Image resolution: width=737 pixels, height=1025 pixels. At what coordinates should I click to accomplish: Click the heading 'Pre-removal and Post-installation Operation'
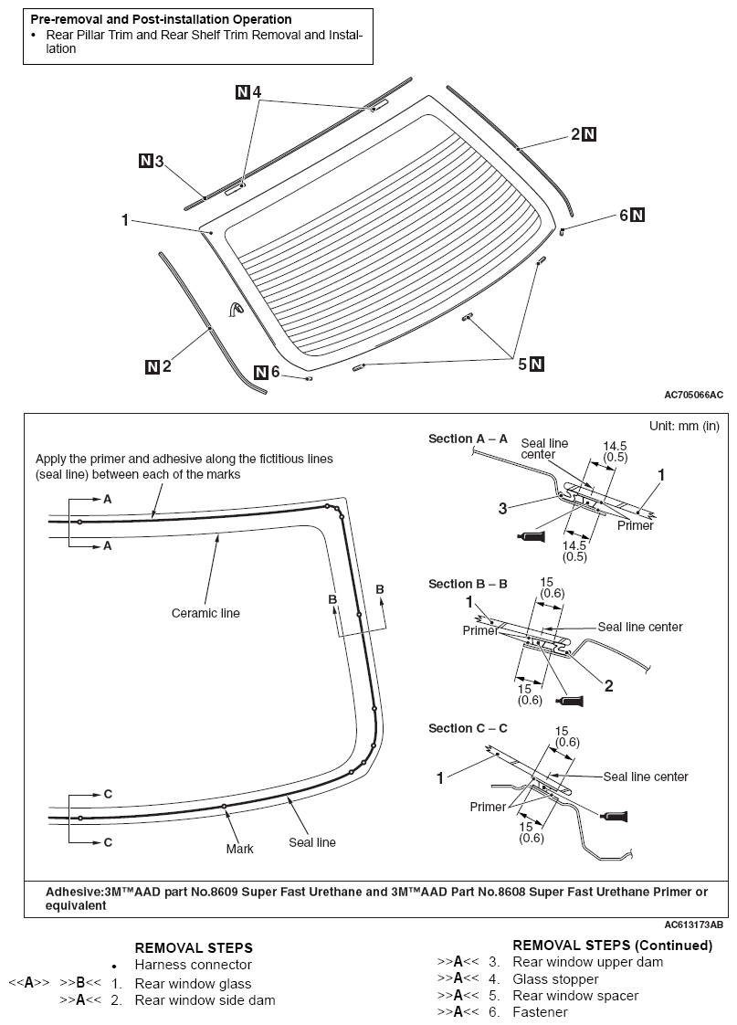(161, 19)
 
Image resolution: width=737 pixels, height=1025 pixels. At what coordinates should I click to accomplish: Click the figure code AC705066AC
(693, 395)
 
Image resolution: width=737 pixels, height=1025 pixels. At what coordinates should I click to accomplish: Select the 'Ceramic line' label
(205, 613)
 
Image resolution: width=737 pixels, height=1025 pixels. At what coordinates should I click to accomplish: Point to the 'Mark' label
(239, 849)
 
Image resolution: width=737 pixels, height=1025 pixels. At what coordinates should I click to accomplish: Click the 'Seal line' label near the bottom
(312, 842)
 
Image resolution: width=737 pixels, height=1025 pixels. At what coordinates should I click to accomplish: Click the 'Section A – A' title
(468, 439)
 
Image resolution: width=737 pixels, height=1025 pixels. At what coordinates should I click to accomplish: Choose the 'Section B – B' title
(468, 584)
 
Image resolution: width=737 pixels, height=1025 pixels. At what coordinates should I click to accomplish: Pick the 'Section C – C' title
(468, 728)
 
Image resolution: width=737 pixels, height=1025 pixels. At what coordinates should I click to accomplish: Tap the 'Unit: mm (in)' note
(684, 426)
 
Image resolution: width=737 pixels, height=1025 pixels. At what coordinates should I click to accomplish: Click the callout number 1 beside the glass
(124, 219)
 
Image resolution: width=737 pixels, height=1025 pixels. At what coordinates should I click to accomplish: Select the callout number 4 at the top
(257, 92)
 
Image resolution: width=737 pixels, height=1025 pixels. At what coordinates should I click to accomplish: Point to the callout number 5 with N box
(523, 364)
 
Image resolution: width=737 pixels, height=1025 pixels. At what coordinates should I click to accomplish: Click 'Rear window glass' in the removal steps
(193, 984)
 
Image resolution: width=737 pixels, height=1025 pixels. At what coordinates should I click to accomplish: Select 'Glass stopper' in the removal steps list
(555, 978)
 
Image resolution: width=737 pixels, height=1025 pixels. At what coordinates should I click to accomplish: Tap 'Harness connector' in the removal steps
(193, 965)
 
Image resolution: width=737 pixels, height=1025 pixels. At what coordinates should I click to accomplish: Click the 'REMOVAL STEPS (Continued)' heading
(612, 945)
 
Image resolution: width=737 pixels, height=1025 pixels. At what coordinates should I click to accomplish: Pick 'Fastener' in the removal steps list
(540, 1011)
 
